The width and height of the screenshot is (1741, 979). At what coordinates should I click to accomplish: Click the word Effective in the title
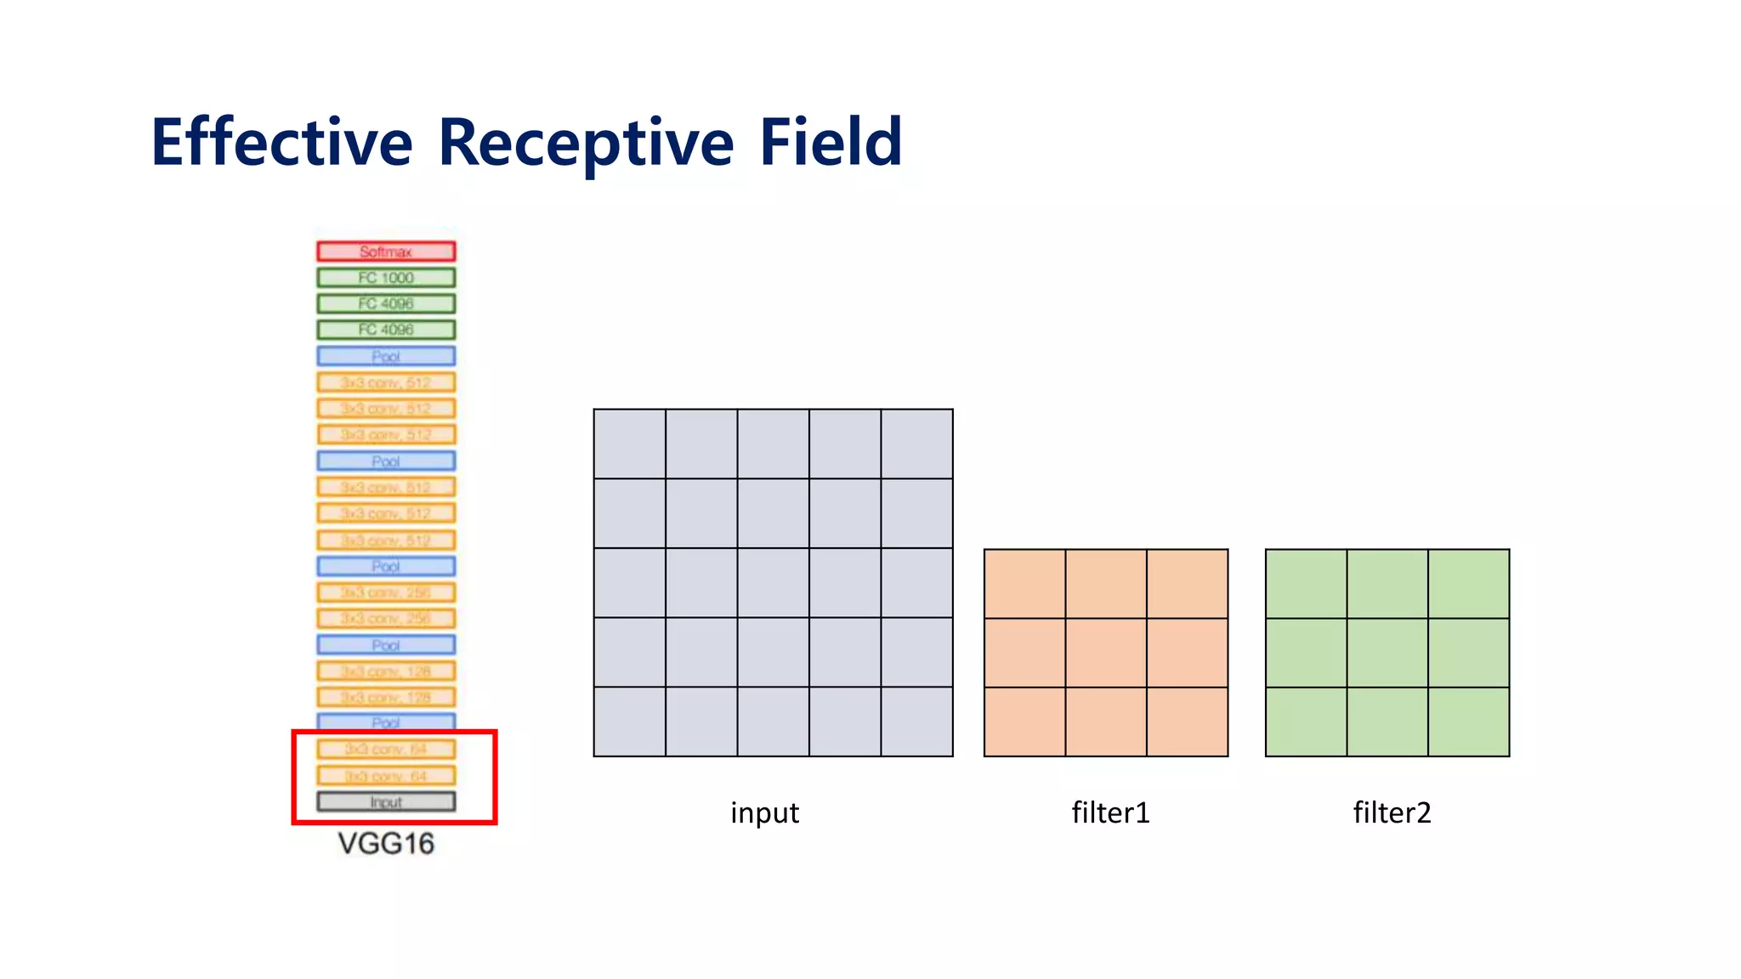pyautogui.click(x=281, y=142)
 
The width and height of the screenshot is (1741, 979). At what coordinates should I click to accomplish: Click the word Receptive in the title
pyautogui.click(x=586, y=142)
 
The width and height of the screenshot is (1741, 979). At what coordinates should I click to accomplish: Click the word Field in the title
pyautogui.click(x=830, y=142)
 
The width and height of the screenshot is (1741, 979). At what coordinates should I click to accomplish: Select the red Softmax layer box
pyautogui.click(x=386, y=252)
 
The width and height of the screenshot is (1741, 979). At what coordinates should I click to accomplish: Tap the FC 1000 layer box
pyautogui.click(x=386, y=278)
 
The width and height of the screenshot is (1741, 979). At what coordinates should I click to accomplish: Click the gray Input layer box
pyautogui.click(x=386, y=802)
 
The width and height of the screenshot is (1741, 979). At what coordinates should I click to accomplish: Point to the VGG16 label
pyautogui.click(x=386, y=844)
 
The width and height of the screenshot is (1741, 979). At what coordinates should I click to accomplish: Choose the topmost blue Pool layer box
pyautogui.click(x=386, y=356)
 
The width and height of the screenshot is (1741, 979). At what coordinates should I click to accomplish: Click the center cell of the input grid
pyautogui.click(x=773, y=583)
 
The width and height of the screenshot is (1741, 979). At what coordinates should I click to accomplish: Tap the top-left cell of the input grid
pyautogui.click(x=629, y=444)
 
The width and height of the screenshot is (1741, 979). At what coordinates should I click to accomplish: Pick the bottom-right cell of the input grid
pyautogui.click(x=916, y=722)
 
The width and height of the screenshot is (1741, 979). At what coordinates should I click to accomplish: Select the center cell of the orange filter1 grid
pyautogui.click(x=1106, y=653)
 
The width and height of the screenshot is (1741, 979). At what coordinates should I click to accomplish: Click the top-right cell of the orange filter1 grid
pyautogui.click(x=1187, y=584)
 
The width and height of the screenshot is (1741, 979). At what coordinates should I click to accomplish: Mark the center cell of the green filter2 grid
pyautogui.click(x=1387, y=653)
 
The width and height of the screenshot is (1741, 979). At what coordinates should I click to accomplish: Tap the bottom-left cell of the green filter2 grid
pyautogui.click(x=1306, y=722)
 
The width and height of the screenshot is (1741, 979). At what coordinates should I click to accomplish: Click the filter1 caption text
pyautogui.click(x=1110, y=813)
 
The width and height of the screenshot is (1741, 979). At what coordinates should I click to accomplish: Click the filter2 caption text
pyautogui.click(x=1392, y=813)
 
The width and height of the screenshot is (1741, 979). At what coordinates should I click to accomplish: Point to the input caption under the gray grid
pyautogui.click(x=764, y=813)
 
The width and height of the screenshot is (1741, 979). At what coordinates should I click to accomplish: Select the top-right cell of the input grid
pyautogui.click(x=916, y=444)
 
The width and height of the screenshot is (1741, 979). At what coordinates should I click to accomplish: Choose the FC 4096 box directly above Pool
pyautogui.click(x=386, y=330)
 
